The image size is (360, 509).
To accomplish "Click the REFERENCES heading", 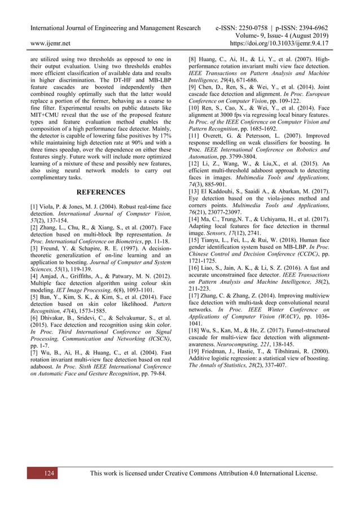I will pos(100,192).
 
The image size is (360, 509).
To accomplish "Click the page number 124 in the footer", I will pos(49,473).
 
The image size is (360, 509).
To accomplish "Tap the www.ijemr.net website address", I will pos(50,42).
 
